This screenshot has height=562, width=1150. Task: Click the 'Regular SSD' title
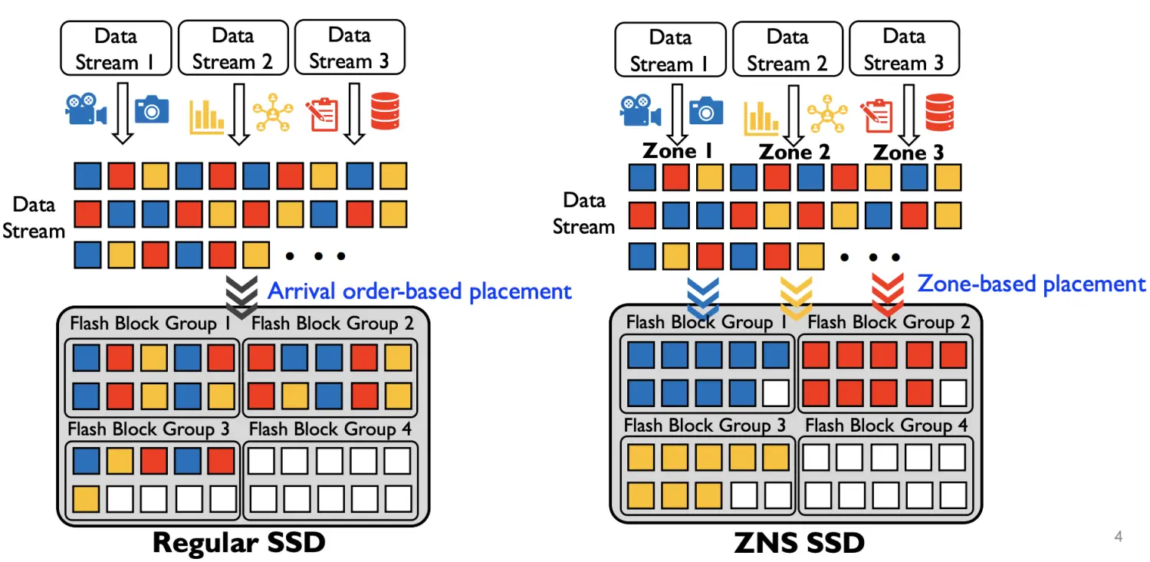coord(238,542)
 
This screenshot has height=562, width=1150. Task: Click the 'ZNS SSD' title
coord(800,543)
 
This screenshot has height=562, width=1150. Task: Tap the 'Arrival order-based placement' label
coord(419,291)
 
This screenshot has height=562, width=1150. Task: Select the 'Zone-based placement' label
coord(1031,284)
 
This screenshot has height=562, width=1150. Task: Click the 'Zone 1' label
coord(678,150)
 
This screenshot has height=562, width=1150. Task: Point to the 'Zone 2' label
coord(794,152)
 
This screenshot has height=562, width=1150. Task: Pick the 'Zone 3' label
coord(909,152)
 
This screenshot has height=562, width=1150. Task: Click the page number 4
coord(1118,537)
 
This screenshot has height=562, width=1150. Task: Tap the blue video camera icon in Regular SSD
coord(85,110)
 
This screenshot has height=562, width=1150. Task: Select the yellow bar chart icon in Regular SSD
coord(206,114)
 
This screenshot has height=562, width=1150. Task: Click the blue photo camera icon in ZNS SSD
coord(706,111)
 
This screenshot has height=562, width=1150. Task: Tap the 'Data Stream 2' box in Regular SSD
coord(233,48)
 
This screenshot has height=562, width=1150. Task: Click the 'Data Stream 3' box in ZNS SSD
coord(904,48)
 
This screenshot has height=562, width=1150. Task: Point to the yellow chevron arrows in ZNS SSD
coord(797,297)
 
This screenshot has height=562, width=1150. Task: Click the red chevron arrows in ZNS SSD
coord(888,295)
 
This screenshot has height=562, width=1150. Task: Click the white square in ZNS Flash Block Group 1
coord(775,393)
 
